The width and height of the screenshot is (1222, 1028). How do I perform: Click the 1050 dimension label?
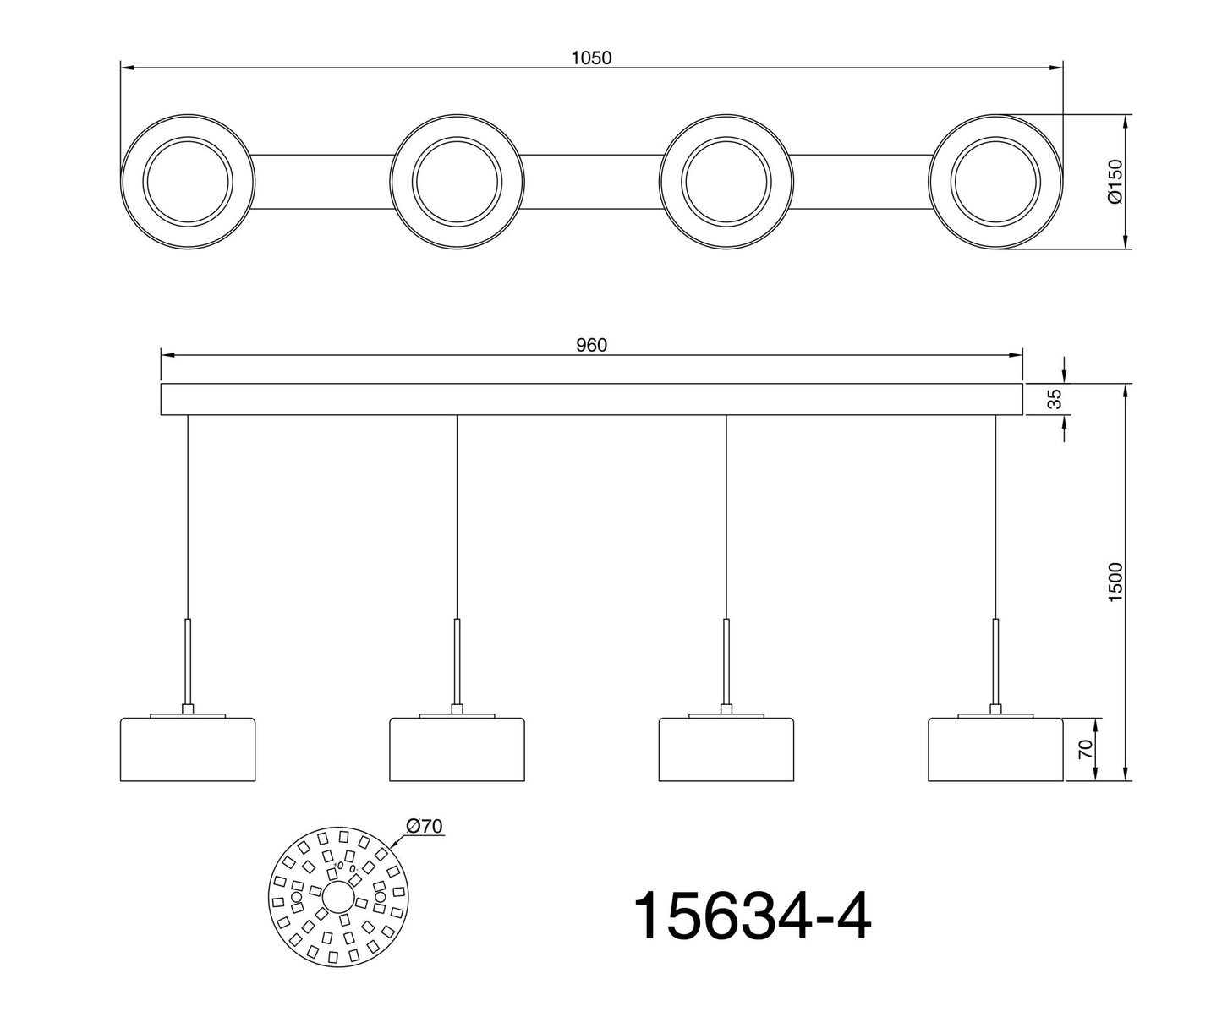click(591, 57)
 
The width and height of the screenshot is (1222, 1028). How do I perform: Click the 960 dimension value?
click(591, 345)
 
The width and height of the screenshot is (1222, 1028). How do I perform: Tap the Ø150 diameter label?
click(1114, 181)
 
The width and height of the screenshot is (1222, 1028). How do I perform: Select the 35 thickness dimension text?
click(1055, 399)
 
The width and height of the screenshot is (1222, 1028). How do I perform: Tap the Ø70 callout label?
click(425, 826)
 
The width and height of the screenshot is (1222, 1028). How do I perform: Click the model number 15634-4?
click(751, 916)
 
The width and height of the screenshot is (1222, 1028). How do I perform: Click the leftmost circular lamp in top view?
click(187, 182)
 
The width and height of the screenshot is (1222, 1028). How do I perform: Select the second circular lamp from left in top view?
click(457, 182)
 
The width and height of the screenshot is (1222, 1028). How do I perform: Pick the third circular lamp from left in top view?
click(726, 182)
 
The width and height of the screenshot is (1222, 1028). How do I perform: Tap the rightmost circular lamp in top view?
click(995, 182)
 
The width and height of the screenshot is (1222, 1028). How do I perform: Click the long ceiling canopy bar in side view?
click(591, 399)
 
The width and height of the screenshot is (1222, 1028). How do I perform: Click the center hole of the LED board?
click(338, 896)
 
